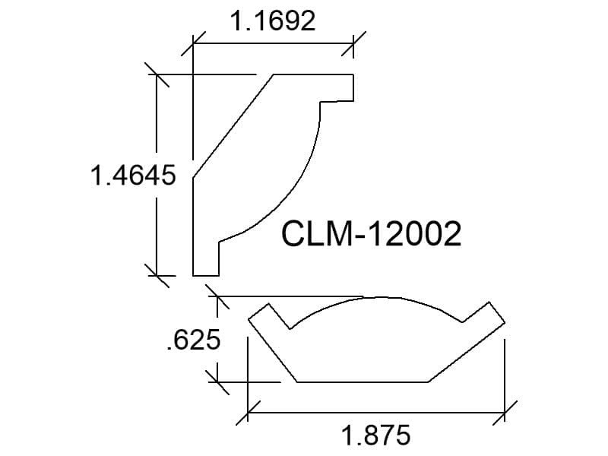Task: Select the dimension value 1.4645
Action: click(133, 175)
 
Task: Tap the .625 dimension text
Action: click(194, 340)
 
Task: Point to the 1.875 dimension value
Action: click(375, 435)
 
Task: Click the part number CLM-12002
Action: click(371, 233)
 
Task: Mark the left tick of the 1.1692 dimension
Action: click(193, 43)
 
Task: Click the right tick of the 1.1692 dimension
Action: click(353, 43)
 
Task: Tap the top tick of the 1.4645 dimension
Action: click(157, 74)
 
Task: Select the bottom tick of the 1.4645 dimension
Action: click(157, 276)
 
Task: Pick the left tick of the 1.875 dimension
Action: click(248, 413)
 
